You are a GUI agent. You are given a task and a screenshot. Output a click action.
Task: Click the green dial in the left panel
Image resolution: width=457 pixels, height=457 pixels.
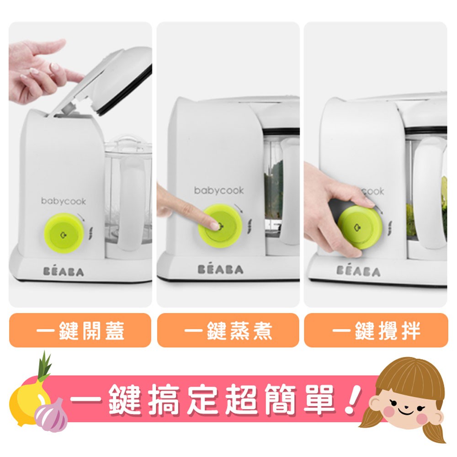64,233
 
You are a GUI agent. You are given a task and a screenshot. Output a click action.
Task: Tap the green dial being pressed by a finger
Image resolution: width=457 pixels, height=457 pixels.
220,226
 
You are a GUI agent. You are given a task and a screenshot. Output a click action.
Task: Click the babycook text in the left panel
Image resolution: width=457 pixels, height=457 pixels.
64,202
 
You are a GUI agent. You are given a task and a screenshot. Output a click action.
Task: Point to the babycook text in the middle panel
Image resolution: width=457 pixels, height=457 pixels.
219,191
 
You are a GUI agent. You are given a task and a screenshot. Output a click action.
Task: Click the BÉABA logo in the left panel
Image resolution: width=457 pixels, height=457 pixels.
64,271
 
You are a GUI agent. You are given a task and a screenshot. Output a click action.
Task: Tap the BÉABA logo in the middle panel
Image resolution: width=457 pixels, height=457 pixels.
220,269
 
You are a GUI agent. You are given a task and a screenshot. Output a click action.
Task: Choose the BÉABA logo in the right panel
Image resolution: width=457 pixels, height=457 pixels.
358,271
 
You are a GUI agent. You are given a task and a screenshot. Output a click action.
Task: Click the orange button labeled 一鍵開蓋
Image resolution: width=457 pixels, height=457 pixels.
80,330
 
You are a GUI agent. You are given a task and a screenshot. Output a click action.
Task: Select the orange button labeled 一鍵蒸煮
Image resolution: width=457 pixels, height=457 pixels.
228,330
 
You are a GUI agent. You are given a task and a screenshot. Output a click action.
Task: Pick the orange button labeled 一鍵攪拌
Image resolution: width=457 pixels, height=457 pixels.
376,330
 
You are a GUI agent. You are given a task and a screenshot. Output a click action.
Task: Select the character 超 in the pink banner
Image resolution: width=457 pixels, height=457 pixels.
244,399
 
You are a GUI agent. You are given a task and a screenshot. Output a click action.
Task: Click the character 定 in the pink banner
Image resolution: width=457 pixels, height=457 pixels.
206,399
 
